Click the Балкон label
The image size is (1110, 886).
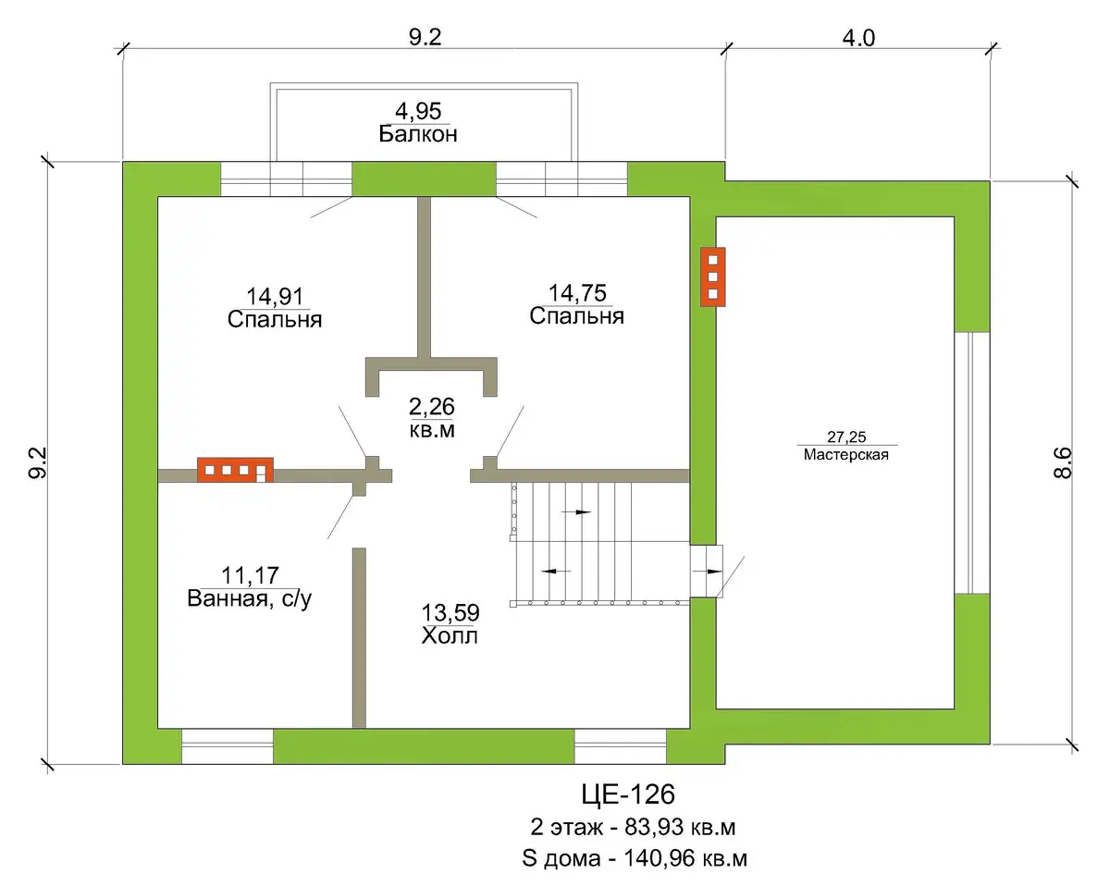click(x=418, y=134)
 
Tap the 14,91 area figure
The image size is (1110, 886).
click(x=275, y=296)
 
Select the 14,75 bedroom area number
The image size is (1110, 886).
click(x=577, y=293)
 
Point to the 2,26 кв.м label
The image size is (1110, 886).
click(x=432, y=418)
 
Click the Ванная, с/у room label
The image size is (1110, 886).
click(x=249, y=598)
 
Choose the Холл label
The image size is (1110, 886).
click(x=450, y=636)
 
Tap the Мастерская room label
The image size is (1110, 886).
click(x=845, y=454)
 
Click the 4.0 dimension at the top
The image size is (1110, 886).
click(x=858, y=38)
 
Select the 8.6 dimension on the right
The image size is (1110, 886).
click(x=1063, y=462)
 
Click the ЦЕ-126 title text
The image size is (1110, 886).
click(x=628, y=794)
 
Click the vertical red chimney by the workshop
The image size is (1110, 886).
click(x=713, y=277)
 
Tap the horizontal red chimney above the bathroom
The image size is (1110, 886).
click(x=235, y=470)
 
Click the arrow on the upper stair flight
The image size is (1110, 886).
click(x=576, y=512)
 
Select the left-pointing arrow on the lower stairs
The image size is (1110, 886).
click(x=556, y=571)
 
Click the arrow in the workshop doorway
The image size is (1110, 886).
click(x=707, y=572)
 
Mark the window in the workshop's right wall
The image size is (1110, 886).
click(x=972, y=462)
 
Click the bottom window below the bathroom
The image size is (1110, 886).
click(x=227, y=745)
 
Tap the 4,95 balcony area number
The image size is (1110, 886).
click(x=418, y=111)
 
